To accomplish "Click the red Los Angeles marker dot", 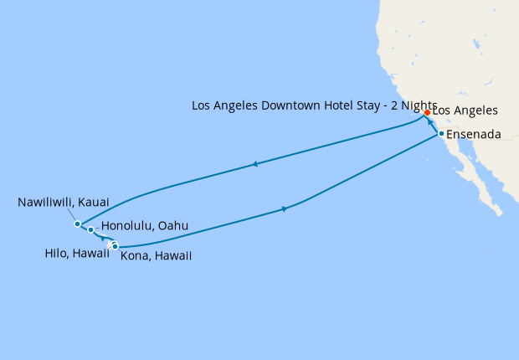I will tap(427, 112).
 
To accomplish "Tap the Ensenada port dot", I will tap(441, 134).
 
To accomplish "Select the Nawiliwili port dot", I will tap(77, 224).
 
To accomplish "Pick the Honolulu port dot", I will tap(90, 229).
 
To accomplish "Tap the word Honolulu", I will tap(126, 226).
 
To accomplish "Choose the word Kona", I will tap(136, 255).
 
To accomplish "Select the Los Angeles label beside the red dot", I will tap(465, 111).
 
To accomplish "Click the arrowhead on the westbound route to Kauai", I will tap(254, 165).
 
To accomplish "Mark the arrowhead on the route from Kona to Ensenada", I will tap(285, 208).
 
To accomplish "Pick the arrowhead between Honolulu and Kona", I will tap(101, 238).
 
